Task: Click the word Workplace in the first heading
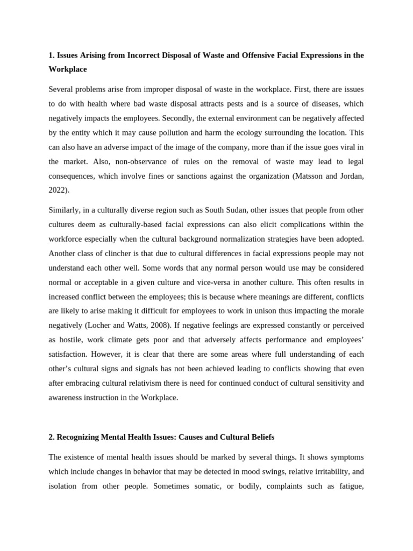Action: [67, 69]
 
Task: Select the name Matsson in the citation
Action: [308, 176]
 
